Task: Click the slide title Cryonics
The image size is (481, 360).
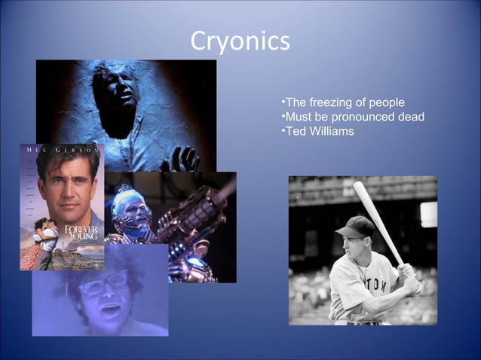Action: click(x=240, y=40)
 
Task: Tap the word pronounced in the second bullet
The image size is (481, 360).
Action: click(x=358, y=117)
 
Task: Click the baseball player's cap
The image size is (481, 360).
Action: click(x=356, y=226)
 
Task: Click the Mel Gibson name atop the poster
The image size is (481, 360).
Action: click(x=62, y=150)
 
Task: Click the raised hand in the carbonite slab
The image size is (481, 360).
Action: click(x=184, y=157)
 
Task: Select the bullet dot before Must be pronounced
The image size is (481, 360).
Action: click(x=282, y=117)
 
